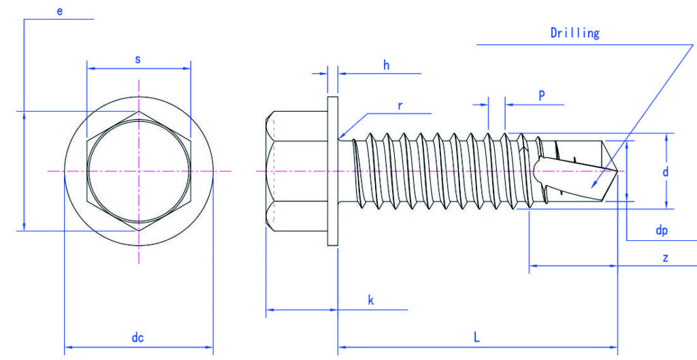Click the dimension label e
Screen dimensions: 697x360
pos(60,12)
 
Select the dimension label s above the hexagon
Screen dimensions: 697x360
pos(137,60)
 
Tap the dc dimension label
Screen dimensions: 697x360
pos(137,338)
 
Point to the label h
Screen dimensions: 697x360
pos(387,65)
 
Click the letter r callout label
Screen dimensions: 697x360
pos(400,105)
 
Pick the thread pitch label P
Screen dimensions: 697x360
pos(542,95)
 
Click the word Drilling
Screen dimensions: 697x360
pos(574,33)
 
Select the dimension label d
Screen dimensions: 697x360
pos(666,171)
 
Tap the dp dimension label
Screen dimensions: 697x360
pos(662,230)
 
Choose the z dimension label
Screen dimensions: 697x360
pos(666,258)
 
